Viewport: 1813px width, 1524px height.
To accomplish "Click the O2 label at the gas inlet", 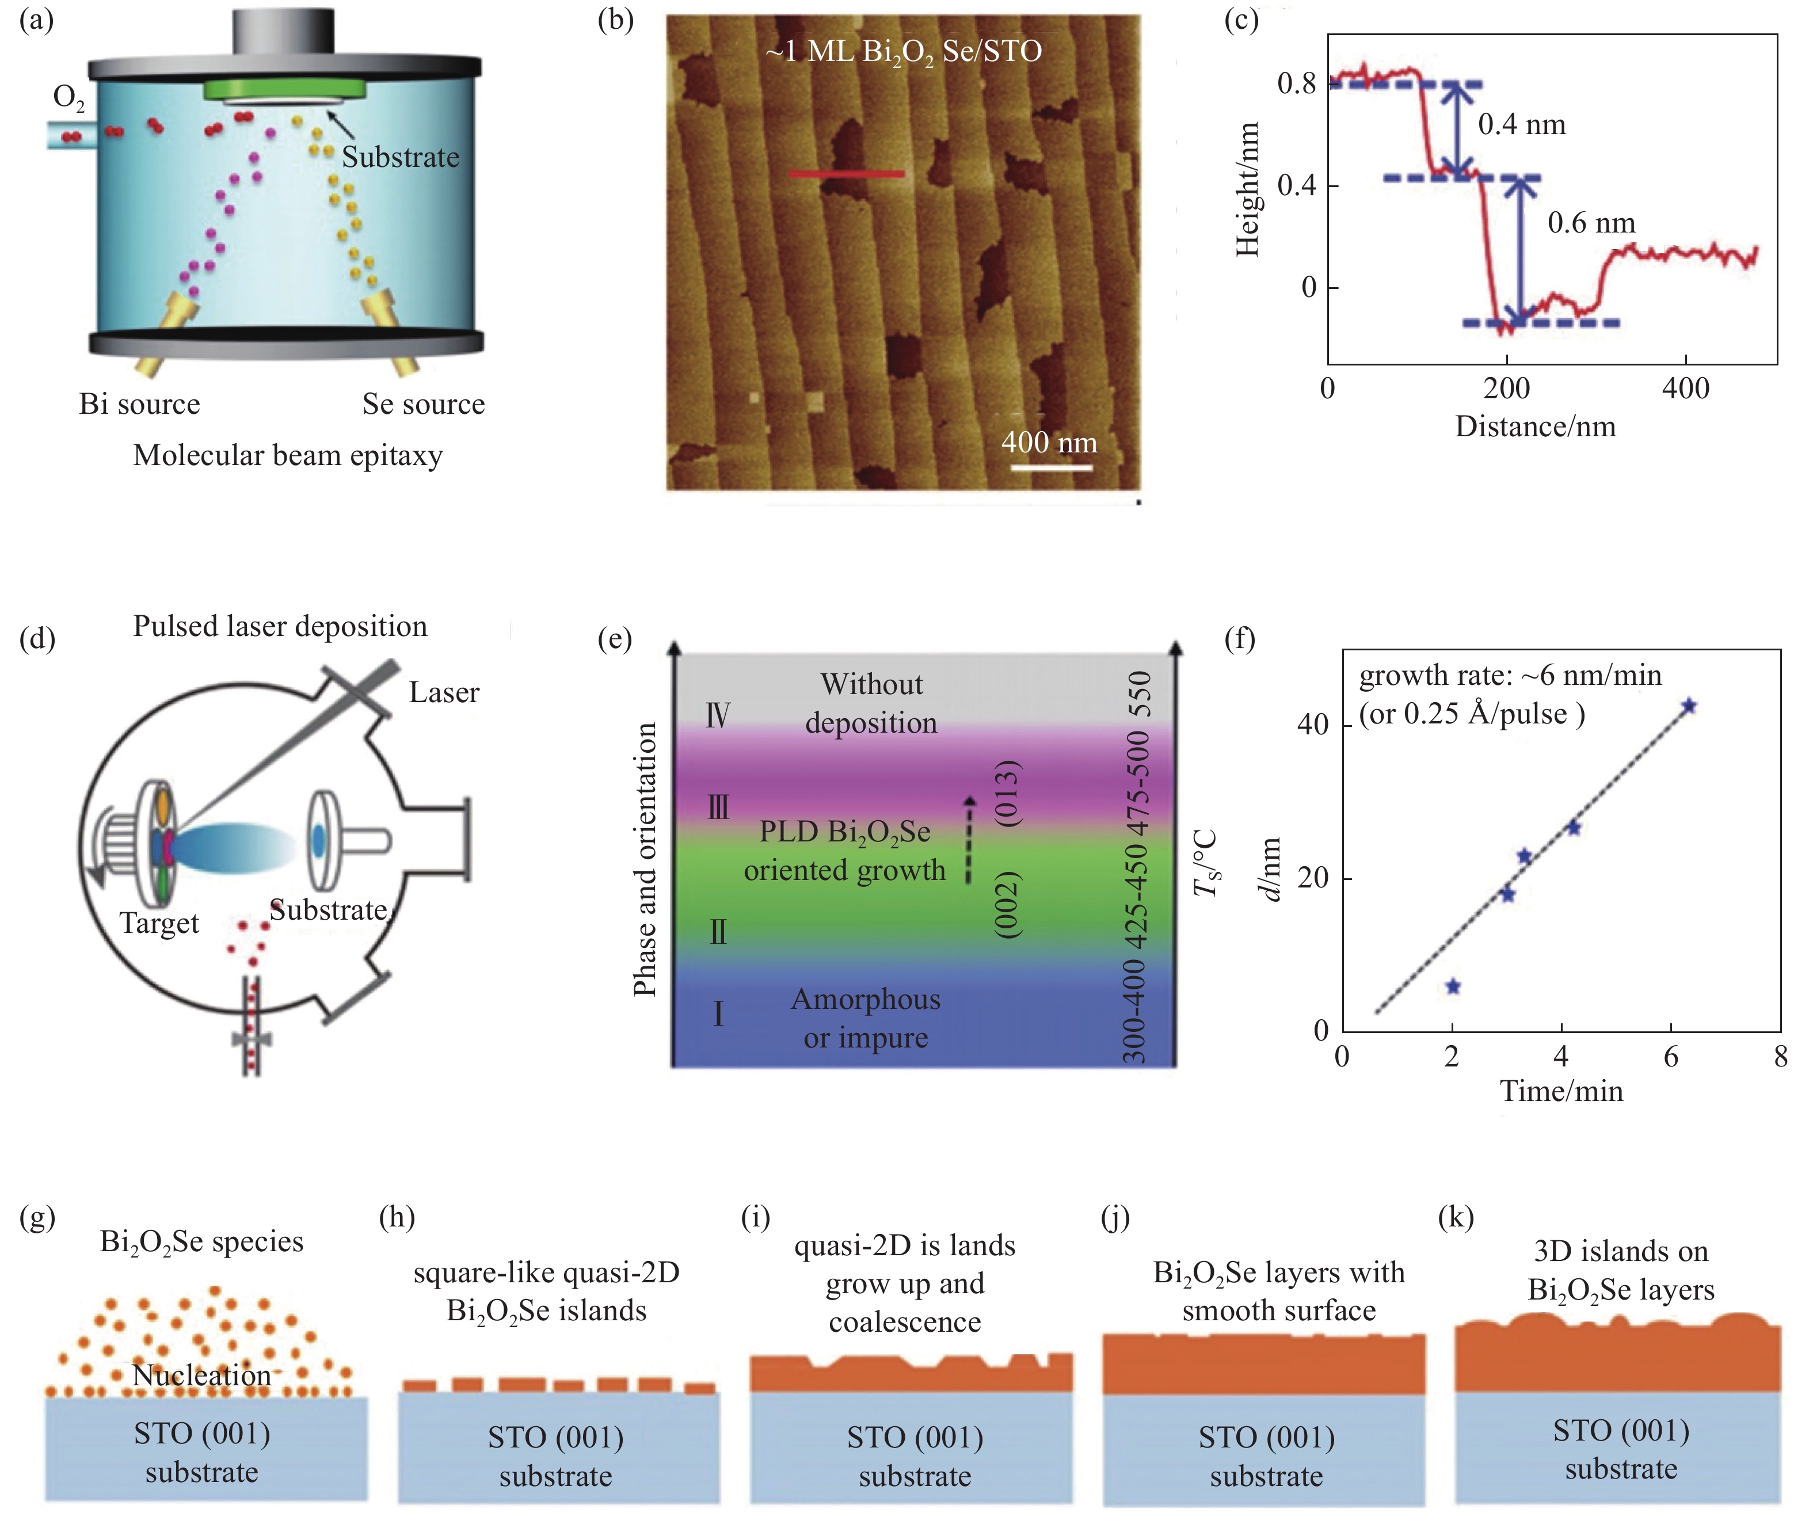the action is coord(69,98).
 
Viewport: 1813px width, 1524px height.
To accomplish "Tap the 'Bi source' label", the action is coord(140,403).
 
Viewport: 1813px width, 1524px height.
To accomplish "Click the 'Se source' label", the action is coord(423,403).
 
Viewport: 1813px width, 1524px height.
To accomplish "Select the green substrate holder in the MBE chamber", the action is coord(285,89).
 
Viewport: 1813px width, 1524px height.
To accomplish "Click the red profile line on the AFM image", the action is coord(847,174).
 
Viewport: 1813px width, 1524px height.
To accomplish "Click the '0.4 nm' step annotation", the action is coord(1522,124).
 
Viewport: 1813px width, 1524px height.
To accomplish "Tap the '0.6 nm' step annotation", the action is coord(1591,223).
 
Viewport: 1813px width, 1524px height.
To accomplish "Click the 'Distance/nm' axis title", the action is coord(1535,426).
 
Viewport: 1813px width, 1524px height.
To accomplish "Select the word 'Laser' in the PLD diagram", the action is coord(444,692).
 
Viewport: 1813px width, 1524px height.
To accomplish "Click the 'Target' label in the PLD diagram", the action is coord(160,924).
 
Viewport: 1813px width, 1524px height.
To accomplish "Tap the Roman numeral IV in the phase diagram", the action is coord(718,715).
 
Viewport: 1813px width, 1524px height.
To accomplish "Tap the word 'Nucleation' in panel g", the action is coord(202,1374).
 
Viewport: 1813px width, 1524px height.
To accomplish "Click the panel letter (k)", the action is coord(1456,1217).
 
